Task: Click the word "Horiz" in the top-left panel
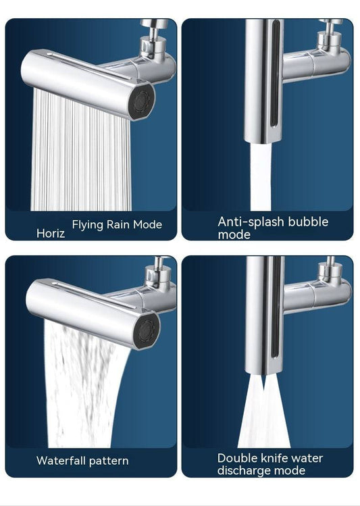point(51,233)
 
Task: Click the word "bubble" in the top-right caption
point(307,222)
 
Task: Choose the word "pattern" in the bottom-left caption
point(108,461)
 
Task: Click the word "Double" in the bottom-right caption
point(238,458)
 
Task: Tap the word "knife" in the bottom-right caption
point(278,458)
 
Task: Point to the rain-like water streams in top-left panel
point(81,155)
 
